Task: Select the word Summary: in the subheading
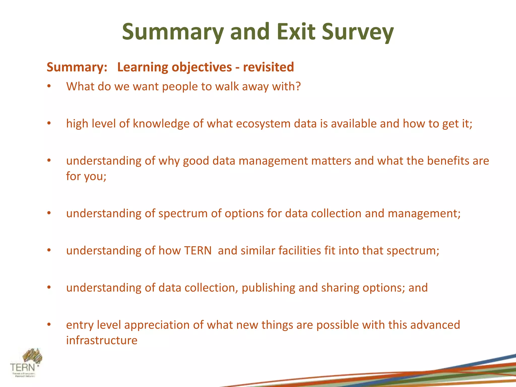77,67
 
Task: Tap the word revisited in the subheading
268,67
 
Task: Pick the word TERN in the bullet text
198,251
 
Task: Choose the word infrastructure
102,340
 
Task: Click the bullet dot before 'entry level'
49,325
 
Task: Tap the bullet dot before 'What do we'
49,86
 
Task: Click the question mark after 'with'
298,86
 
